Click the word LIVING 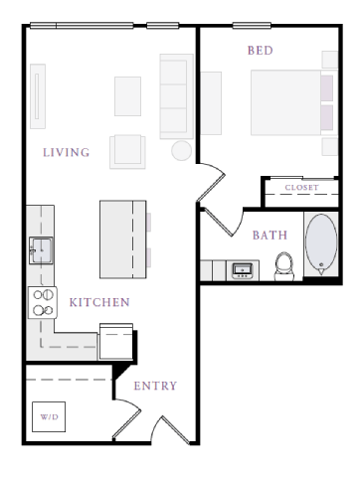[67, 152]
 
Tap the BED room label [260, 49]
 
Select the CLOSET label [301, 187]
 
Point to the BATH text [270, 236]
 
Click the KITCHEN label [98, 302]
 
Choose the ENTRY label [155, 386]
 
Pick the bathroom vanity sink [242, 269]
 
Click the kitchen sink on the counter [41, 247]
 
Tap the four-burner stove [43, 302]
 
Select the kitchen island [122, 238]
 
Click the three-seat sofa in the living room [175, 96]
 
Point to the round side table [181, 150]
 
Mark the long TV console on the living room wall [37, 96]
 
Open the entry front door [169, 429]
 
